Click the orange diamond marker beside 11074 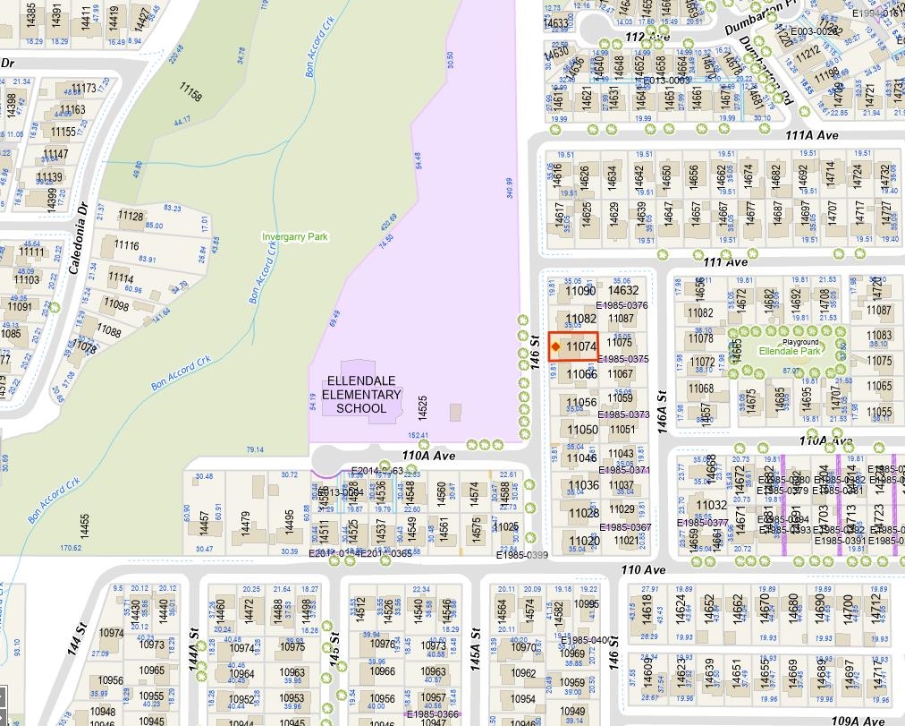(x=555, y=346)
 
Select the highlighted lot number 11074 (x=581, y=346)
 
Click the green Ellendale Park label (x=790, y=352)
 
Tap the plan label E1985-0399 (x=522, y=555)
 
